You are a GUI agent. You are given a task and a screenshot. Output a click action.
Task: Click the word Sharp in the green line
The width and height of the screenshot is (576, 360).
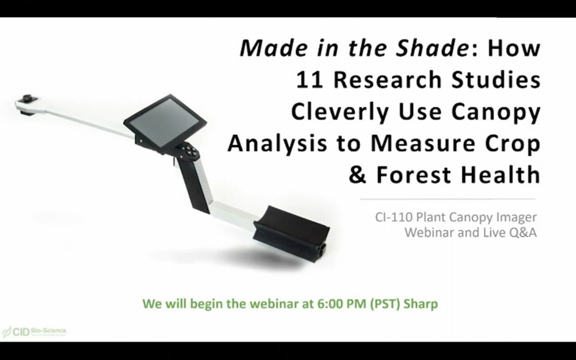click(421, 304)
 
